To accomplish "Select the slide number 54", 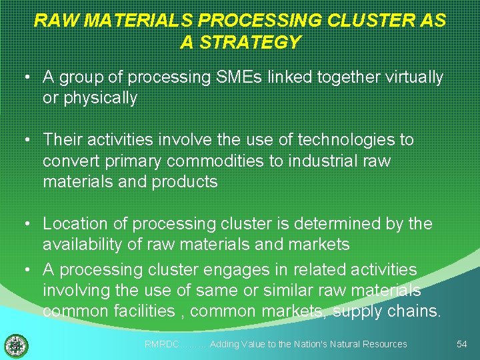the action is [461, 344].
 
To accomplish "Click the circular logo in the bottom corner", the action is [16, 345].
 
